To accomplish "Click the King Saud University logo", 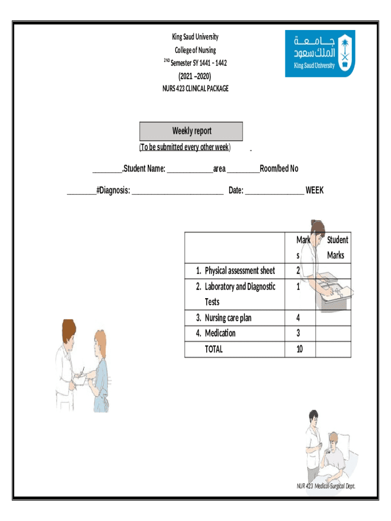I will (320, 53).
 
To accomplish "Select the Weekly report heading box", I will (191, 131).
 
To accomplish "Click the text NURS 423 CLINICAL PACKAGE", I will (195, 89).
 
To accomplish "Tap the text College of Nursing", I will (195, 50).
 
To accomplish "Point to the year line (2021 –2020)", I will (194, 76).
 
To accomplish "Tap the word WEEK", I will (314, 190).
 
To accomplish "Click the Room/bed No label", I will (279, 168).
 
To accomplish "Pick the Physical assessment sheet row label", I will (240, 270).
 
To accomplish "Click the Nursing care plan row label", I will (228, 318).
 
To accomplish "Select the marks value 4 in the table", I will (298, 318).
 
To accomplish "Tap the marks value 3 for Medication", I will (298, 333).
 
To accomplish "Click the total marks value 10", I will (299, 349).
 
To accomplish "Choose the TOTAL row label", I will (214, 349).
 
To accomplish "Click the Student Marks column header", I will (336, 247).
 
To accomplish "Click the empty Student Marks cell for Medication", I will (333, 333).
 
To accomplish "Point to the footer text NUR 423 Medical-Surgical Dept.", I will (326, 486).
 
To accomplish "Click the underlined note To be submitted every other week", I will (185, 148).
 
